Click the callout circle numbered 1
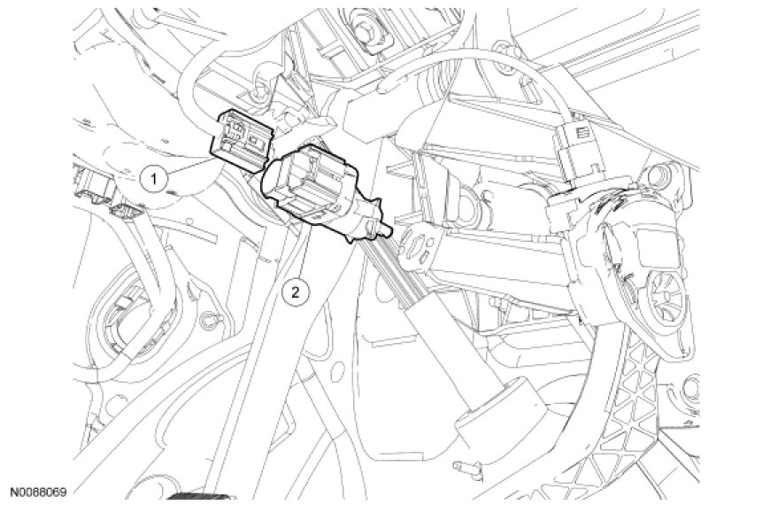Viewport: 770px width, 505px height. pos(154,178)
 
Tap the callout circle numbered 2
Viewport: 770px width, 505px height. pos(296,292)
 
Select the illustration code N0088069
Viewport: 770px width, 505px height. pos(39,492)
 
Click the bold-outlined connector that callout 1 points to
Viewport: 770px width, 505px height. pos(241,140)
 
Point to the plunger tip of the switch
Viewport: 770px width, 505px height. pos(387,229)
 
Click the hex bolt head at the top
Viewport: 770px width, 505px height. pos(366,32)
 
